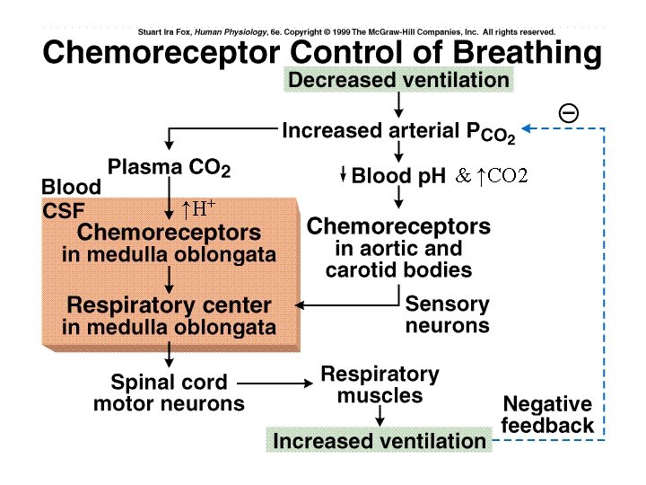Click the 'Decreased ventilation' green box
click(x=399, y=80)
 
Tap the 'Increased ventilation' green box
click(x=379, y=441)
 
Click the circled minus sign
click(x=568, y=111)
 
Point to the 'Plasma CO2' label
click(x=170, y=168)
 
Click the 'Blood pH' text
click(x=397, y=176)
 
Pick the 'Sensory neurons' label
click(x=447, y=313)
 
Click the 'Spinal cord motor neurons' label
click(x=169, y=392)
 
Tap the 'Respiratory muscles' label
click(x=380, y=384)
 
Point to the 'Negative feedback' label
click(x=546, y=414)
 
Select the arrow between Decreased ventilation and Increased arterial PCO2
click(x=397, y=106)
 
